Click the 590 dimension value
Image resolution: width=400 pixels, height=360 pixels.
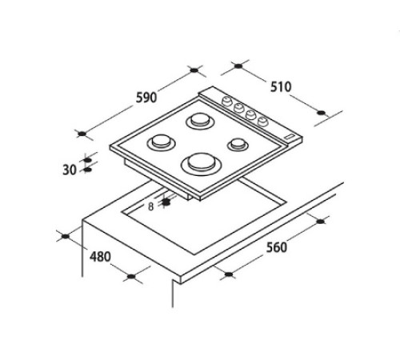(x=146, y=98)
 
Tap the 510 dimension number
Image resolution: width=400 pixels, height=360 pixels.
(x=281, y=87)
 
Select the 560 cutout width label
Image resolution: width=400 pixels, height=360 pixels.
(x=277, y=247)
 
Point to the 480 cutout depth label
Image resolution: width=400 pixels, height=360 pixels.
(x=100, y=257)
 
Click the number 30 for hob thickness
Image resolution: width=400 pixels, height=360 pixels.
(x=70, y=170)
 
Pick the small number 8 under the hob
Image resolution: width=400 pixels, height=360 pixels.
(x=151, y=206)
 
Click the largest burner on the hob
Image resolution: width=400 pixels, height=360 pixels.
(x=202, y=163)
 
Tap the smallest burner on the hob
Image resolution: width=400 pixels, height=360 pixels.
(x=238, y=144)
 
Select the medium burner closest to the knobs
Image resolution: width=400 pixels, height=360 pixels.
(x=200, y=120)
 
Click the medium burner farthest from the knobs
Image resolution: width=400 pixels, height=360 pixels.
(x=161, y=142)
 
